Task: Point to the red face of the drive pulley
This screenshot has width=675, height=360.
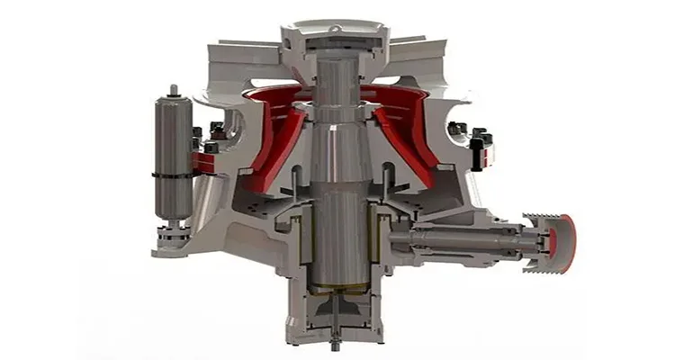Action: [x=567, y=241]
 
